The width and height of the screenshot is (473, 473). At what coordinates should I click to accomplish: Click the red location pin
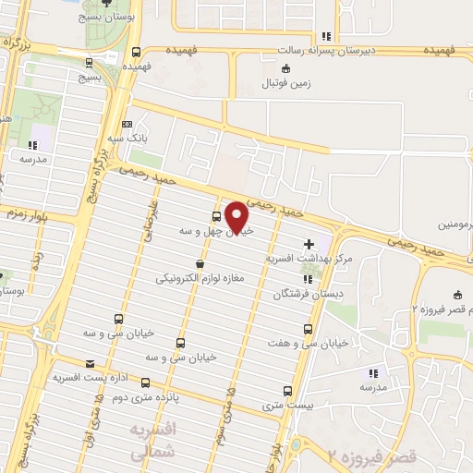pyautogui.click(x=238, y=217)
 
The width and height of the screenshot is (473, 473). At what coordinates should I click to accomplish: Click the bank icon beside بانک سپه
pyautogui.click(x=127, y=124)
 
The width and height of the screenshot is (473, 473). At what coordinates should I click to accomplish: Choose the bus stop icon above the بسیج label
pyautogui.click(x=89, y=63)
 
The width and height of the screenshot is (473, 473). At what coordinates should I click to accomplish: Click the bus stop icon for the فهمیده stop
pyautogui.click(x=137, y=52)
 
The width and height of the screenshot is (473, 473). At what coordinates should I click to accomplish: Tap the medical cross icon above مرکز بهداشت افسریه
pyautogui.click(x=308, y=242)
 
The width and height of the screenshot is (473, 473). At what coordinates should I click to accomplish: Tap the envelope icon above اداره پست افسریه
pyautogui.click(x=91, y=364)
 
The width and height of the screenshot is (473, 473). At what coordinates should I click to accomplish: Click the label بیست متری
pyautogui.click(x=282, y=405)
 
